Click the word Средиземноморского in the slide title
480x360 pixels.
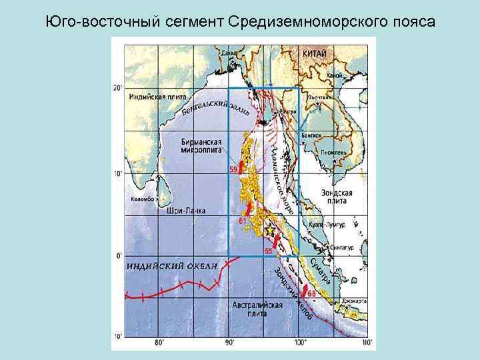(x=295, y=21)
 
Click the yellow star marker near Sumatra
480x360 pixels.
(x=270, y=230)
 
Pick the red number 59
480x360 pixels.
(x=233, y=170)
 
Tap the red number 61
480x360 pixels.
(x=243, y=220)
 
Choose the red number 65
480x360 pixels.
(x=268, y=251)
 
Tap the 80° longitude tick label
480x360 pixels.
(x=159, y=343)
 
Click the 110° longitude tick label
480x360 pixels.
(x=366, y=343)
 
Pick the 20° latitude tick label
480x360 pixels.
(x=118, y=88)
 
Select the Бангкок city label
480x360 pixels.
(x=311, y=135)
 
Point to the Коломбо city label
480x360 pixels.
(x=142, y=199)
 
